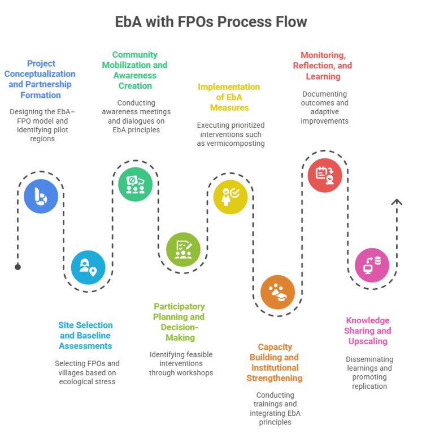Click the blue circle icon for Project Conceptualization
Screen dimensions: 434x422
[41, 196]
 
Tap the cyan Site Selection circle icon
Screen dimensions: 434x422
[88, 267]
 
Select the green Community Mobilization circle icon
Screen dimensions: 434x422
[136, 184]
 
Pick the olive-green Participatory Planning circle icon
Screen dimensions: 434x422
[183, 249]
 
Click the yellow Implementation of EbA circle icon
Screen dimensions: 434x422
[230, 197]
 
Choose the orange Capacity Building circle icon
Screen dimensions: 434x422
[278, 292]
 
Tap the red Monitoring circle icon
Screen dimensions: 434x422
[325, 175]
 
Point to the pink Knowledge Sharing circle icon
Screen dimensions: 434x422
[372, 265]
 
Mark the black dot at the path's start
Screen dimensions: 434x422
[18, 267]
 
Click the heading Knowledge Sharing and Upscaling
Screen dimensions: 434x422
[368, 331]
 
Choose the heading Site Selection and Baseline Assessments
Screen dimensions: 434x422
[86, 335]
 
